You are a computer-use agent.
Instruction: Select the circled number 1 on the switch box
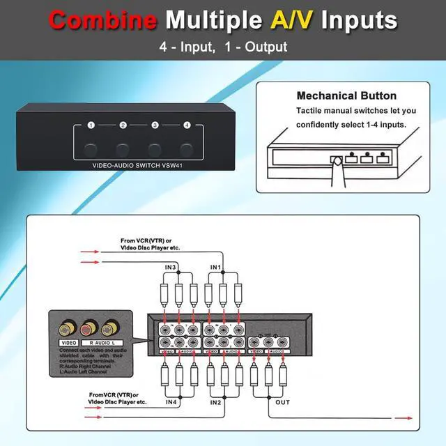(x=91, y=125)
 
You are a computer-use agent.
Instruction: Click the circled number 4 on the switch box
(x=187, y=125)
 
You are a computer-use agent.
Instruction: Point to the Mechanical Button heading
(x=346, y=95)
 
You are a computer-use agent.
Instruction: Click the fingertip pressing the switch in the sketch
(x=337, y=162)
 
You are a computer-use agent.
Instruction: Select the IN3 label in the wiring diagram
(x=170, y=267)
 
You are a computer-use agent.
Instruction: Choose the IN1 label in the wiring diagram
(x=216, y=267)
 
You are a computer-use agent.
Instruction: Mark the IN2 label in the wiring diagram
(x=216, y=402)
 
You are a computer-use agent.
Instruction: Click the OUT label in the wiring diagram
(x=282, y=402)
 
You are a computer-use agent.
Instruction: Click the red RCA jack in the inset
(x=89, y=328)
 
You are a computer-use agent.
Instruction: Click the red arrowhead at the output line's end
(x=401, y=418)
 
